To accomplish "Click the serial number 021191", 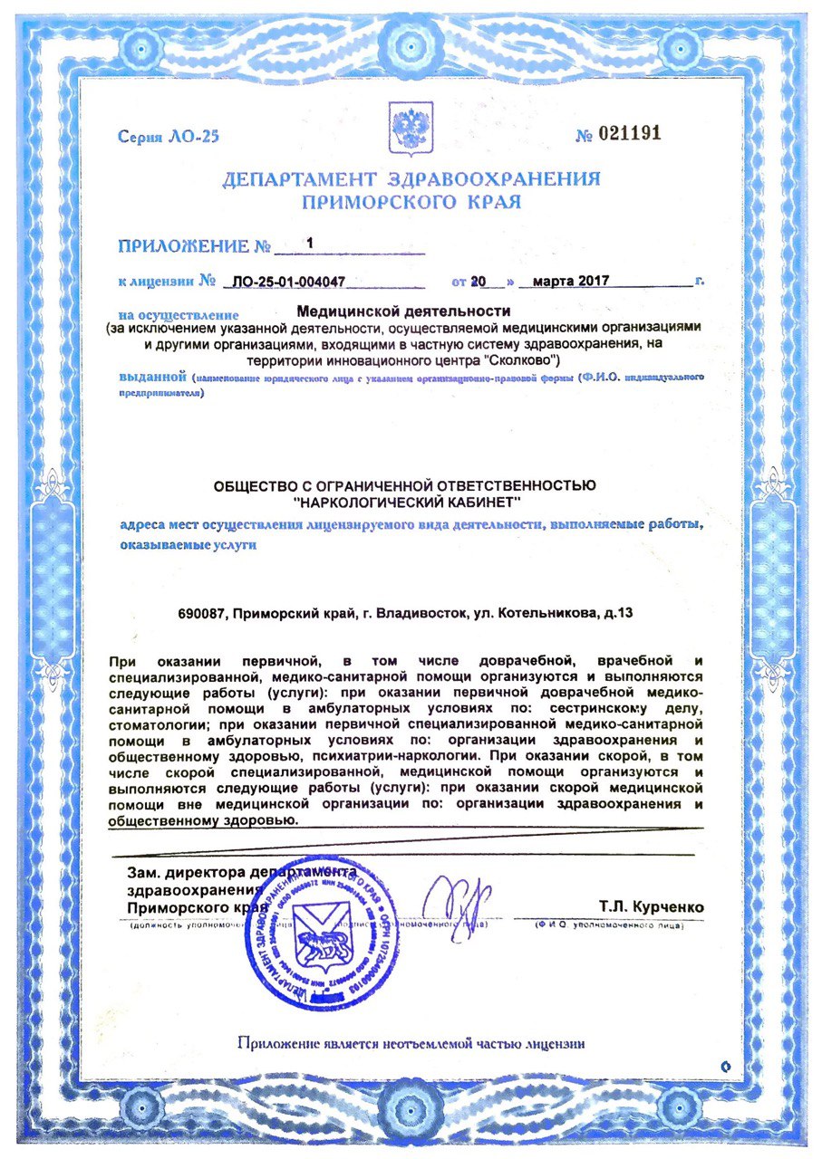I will [x=631, y=134].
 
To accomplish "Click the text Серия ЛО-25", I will [x=169, y=138].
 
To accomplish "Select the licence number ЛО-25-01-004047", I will [x=287, y=281].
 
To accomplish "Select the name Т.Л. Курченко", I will [x=650, y=907].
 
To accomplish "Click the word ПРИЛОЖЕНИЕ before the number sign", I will [x=184, y=246].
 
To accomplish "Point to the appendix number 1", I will [x=310, y=244].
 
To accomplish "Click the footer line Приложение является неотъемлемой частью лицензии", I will [x=411, y=1043].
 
